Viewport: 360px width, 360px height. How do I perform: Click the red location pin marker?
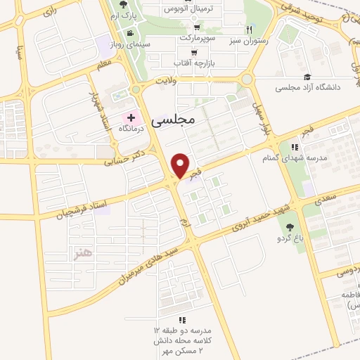point(181,166)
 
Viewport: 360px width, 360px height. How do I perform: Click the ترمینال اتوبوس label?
point(186,8)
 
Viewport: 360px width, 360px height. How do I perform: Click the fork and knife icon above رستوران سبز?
point(249,30)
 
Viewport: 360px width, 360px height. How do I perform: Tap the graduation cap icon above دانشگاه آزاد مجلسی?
point(307,77)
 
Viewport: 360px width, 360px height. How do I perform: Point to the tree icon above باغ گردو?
point(289,226)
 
